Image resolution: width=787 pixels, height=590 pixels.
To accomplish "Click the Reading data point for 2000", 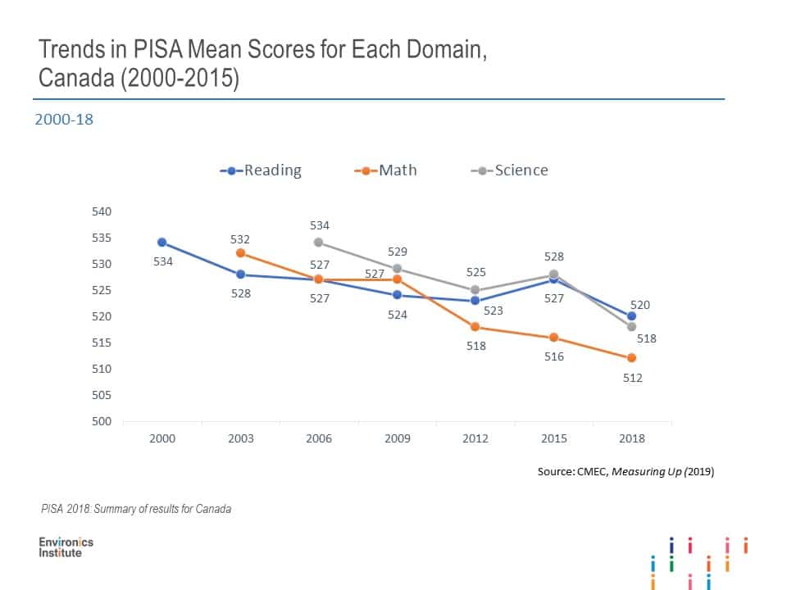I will pos(162,243).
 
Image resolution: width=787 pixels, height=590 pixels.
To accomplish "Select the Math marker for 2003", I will pos(240,253).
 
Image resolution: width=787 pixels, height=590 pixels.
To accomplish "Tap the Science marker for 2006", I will pos(318,243).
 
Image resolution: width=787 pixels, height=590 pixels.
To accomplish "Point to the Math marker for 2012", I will pos(475,327).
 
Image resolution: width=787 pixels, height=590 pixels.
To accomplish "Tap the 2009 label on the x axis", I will pos(398,438).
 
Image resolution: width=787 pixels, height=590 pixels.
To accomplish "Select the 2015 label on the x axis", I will pos(553,438).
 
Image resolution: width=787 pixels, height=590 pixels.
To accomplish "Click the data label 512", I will pos(632,378).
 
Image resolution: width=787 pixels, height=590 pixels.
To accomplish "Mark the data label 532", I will pos(240,238).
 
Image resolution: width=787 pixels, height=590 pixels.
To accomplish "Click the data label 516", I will pos(554,356).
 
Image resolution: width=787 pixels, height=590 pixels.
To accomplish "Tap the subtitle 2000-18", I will pos(64,120).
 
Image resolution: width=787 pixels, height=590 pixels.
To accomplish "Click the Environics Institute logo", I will pos(66,547).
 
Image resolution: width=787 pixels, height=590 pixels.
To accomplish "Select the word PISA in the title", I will pos(124,50).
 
